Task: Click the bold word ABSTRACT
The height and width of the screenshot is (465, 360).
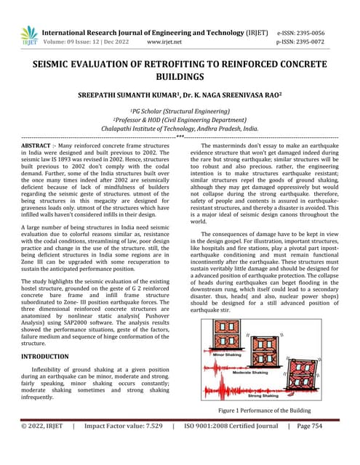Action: point(36,145)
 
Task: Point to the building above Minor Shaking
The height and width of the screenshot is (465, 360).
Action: point(227,339)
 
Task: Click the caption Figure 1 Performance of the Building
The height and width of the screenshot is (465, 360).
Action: point(269,410)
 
